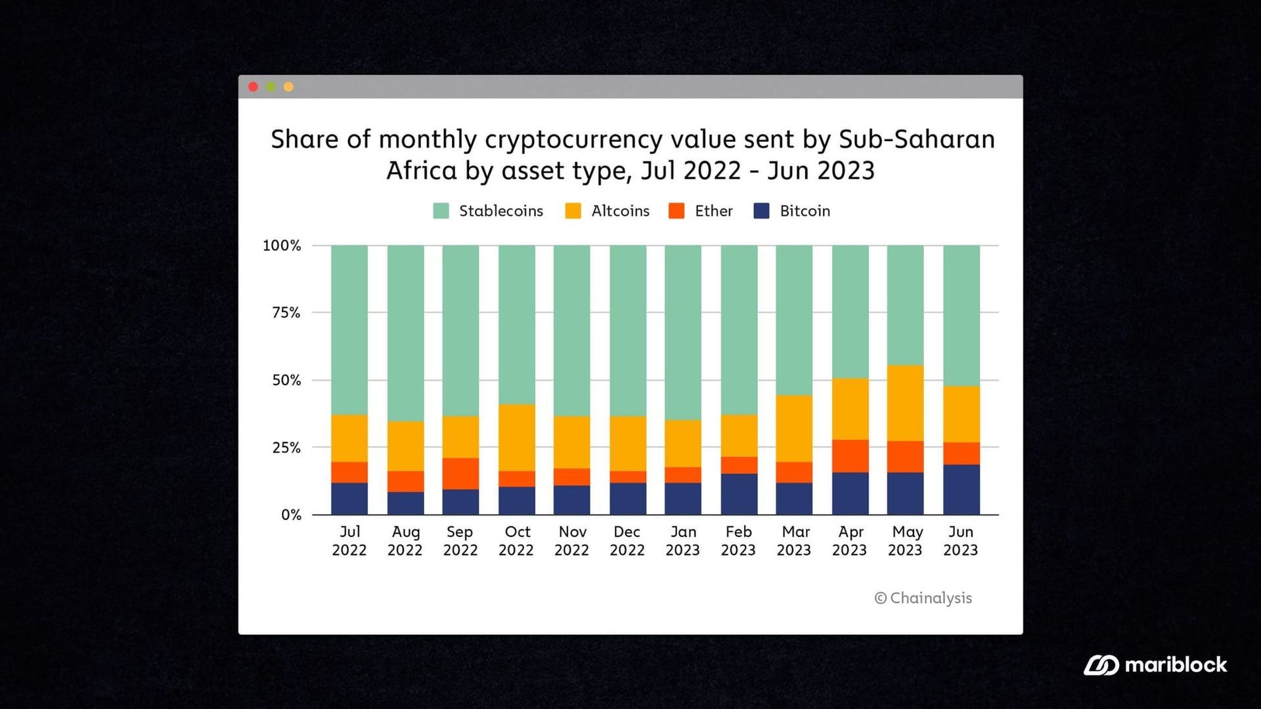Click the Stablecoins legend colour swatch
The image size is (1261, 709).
(441, 211)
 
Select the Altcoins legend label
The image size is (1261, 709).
(619, 211)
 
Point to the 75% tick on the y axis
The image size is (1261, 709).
(286, 312)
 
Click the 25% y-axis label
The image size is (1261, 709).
(286, 448)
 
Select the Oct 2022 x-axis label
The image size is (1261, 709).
(516, 540)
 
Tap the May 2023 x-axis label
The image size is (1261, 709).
(906, 540)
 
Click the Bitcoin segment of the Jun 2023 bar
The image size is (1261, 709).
(962, 490)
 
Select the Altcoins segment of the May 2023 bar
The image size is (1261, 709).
(906, 403)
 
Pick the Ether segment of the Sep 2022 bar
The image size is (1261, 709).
(460, 473)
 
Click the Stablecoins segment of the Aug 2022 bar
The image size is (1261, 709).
(405, 333)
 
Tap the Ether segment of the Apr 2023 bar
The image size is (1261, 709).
(850, 456)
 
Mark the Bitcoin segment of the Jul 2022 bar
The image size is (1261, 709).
(349, 499)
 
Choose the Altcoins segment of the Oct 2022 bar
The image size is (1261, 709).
(517, 437)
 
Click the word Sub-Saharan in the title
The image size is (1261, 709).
(916, 139)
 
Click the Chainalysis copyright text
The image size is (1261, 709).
(923, 598)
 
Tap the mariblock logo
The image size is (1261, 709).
(1155, 665)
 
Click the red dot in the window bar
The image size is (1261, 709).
(253, 87)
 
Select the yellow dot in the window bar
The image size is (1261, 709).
(288, 87)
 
